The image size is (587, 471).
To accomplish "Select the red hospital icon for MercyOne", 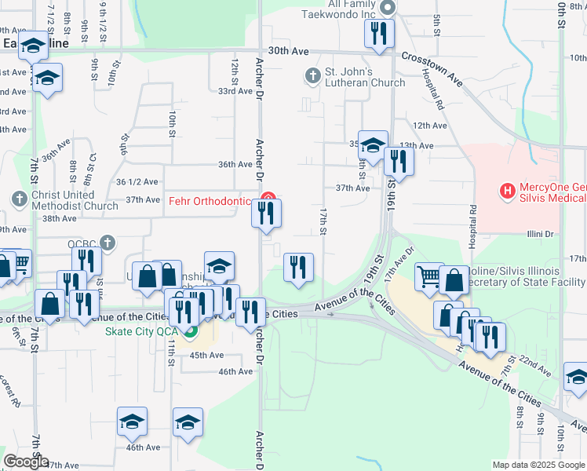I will click(x=508, y=190).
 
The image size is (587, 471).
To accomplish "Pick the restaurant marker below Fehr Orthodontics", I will click(x=266, y=213).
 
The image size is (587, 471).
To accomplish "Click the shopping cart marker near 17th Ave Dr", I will click(x=428, y=276).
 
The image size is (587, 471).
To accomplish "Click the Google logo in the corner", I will click(x=26, y=462).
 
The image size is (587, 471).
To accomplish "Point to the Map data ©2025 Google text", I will click(x=538, y=465).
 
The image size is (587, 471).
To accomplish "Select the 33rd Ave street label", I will click(x=235, y=91).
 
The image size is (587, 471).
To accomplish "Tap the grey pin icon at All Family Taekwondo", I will click(x=387, y=9).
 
